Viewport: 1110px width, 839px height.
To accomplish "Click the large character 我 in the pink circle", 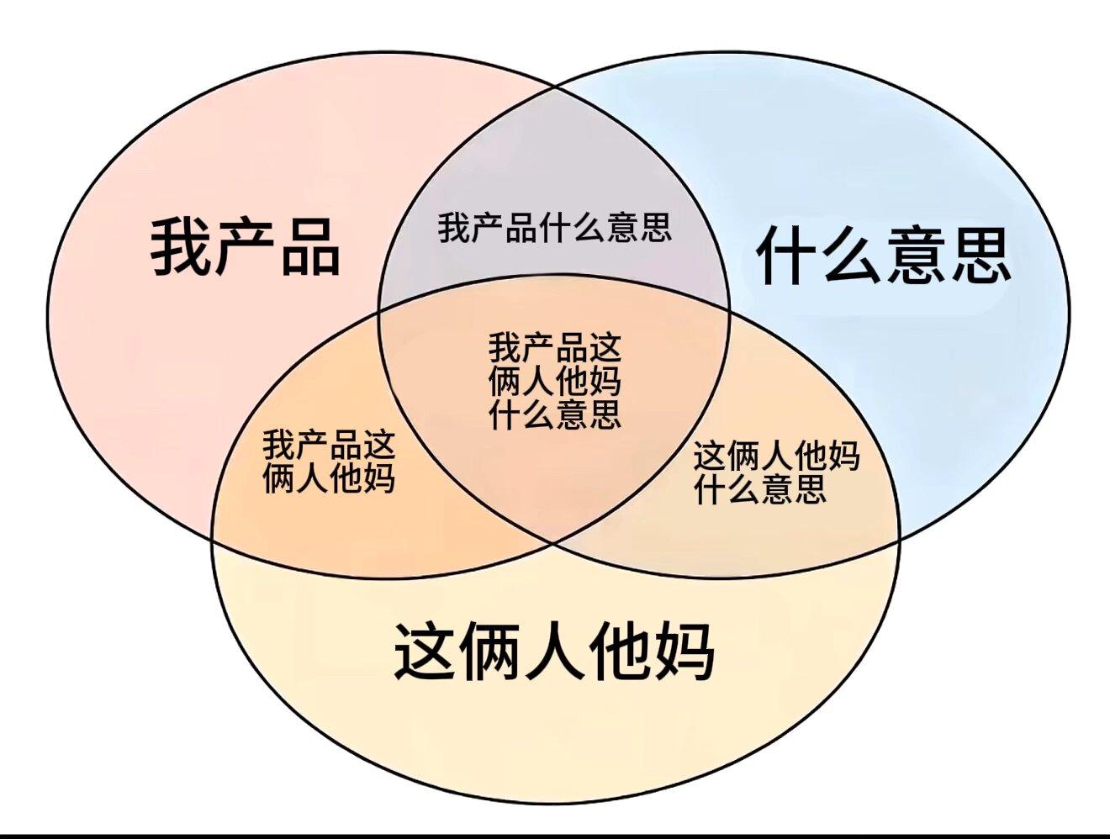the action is click(x=181, y=247).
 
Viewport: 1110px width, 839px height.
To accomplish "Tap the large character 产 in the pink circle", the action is click(x=246, y=247).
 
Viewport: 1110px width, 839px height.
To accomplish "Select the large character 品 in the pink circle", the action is click(x=310, y=249).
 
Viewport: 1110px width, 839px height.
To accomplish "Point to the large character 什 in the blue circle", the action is click(x=788, y=255).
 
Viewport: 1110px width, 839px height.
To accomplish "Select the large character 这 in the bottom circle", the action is click(x=424, y=652).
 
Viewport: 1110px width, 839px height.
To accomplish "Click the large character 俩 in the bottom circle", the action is click(x=489, y=652).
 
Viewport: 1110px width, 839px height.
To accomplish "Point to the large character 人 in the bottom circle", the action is click(x=555, y=652).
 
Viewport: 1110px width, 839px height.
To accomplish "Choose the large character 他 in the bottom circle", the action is click(x=620, y=652).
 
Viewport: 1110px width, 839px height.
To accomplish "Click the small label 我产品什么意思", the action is click(x=555, y=228).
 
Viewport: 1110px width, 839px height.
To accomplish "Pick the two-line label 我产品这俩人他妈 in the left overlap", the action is click(x=329, y=461).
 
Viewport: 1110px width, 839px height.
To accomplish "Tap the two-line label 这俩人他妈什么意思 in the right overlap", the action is click(x=777, y=472).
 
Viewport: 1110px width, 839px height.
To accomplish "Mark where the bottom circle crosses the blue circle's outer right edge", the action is click(x=899, y=540).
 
